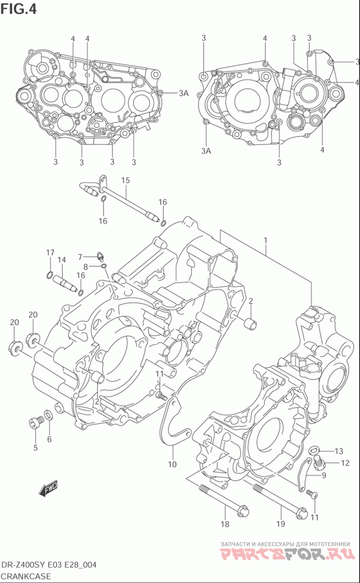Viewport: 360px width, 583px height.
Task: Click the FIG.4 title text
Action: pyautogui.click(x=18, y=9)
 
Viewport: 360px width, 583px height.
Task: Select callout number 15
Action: pyautogui.click(x=126, y=180)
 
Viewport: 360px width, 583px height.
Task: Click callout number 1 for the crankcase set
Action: pyautogui.click(x=265, y=241)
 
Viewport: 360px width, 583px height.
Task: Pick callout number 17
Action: pyautogui.click(x=50, y=252)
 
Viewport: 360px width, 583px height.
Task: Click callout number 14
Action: pyautogui.click(x=62, y=260)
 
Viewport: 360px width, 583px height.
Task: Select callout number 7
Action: pyautogui.click(x=80, y=257)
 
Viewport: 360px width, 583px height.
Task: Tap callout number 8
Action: pyautogui.click(x=85, y=267)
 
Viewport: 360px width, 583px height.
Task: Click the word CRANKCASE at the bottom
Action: pyautogui.click(x=26, y=576)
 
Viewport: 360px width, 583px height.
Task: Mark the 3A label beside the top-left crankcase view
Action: pyautogui.click(x=184, y=93)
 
